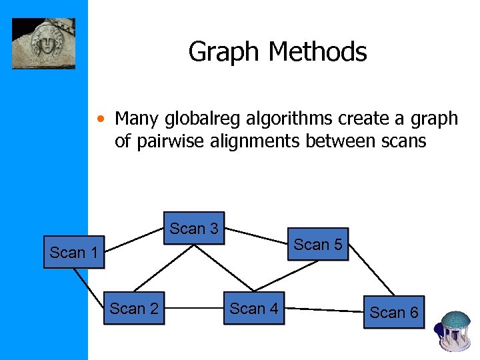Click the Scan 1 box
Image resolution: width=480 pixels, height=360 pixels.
click(x=75, y=253)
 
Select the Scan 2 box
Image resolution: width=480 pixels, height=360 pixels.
click(x=134, y=309)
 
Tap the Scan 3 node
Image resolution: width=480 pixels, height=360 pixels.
click(x=194, y=229)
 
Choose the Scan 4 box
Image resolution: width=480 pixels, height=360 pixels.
click(x=254, y=309)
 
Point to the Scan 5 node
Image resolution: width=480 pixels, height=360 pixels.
click(x=318, y=245)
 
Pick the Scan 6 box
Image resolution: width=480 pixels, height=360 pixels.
click(x=394, y=313)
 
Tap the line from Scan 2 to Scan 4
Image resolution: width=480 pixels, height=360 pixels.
click(x=193, y=309)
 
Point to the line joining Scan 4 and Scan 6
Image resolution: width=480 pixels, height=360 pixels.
click(x=322, y=309)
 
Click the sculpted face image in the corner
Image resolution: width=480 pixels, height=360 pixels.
click(x=43, y=43)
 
